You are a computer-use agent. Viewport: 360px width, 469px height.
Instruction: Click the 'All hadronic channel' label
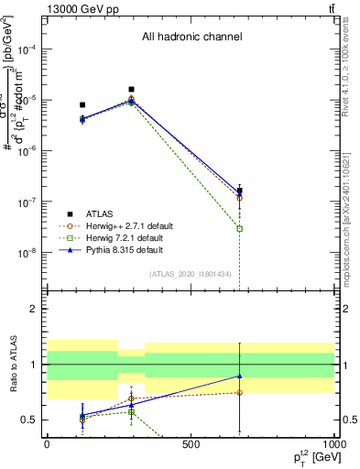click(191, 38)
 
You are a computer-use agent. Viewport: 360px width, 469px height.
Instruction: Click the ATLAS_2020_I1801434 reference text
click(191, 275)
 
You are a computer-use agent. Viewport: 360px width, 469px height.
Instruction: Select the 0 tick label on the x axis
click(47, 445)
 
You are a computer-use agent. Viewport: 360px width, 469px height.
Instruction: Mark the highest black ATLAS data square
click(132, 90)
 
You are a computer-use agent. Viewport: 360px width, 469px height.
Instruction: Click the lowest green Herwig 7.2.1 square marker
click(240, 228)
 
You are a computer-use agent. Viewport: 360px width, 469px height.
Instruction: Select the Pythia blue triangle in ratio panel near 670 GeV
click(240, 376)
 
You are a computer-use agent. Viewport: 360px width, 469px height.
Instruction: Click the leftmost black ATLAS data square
click(82, 105)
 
